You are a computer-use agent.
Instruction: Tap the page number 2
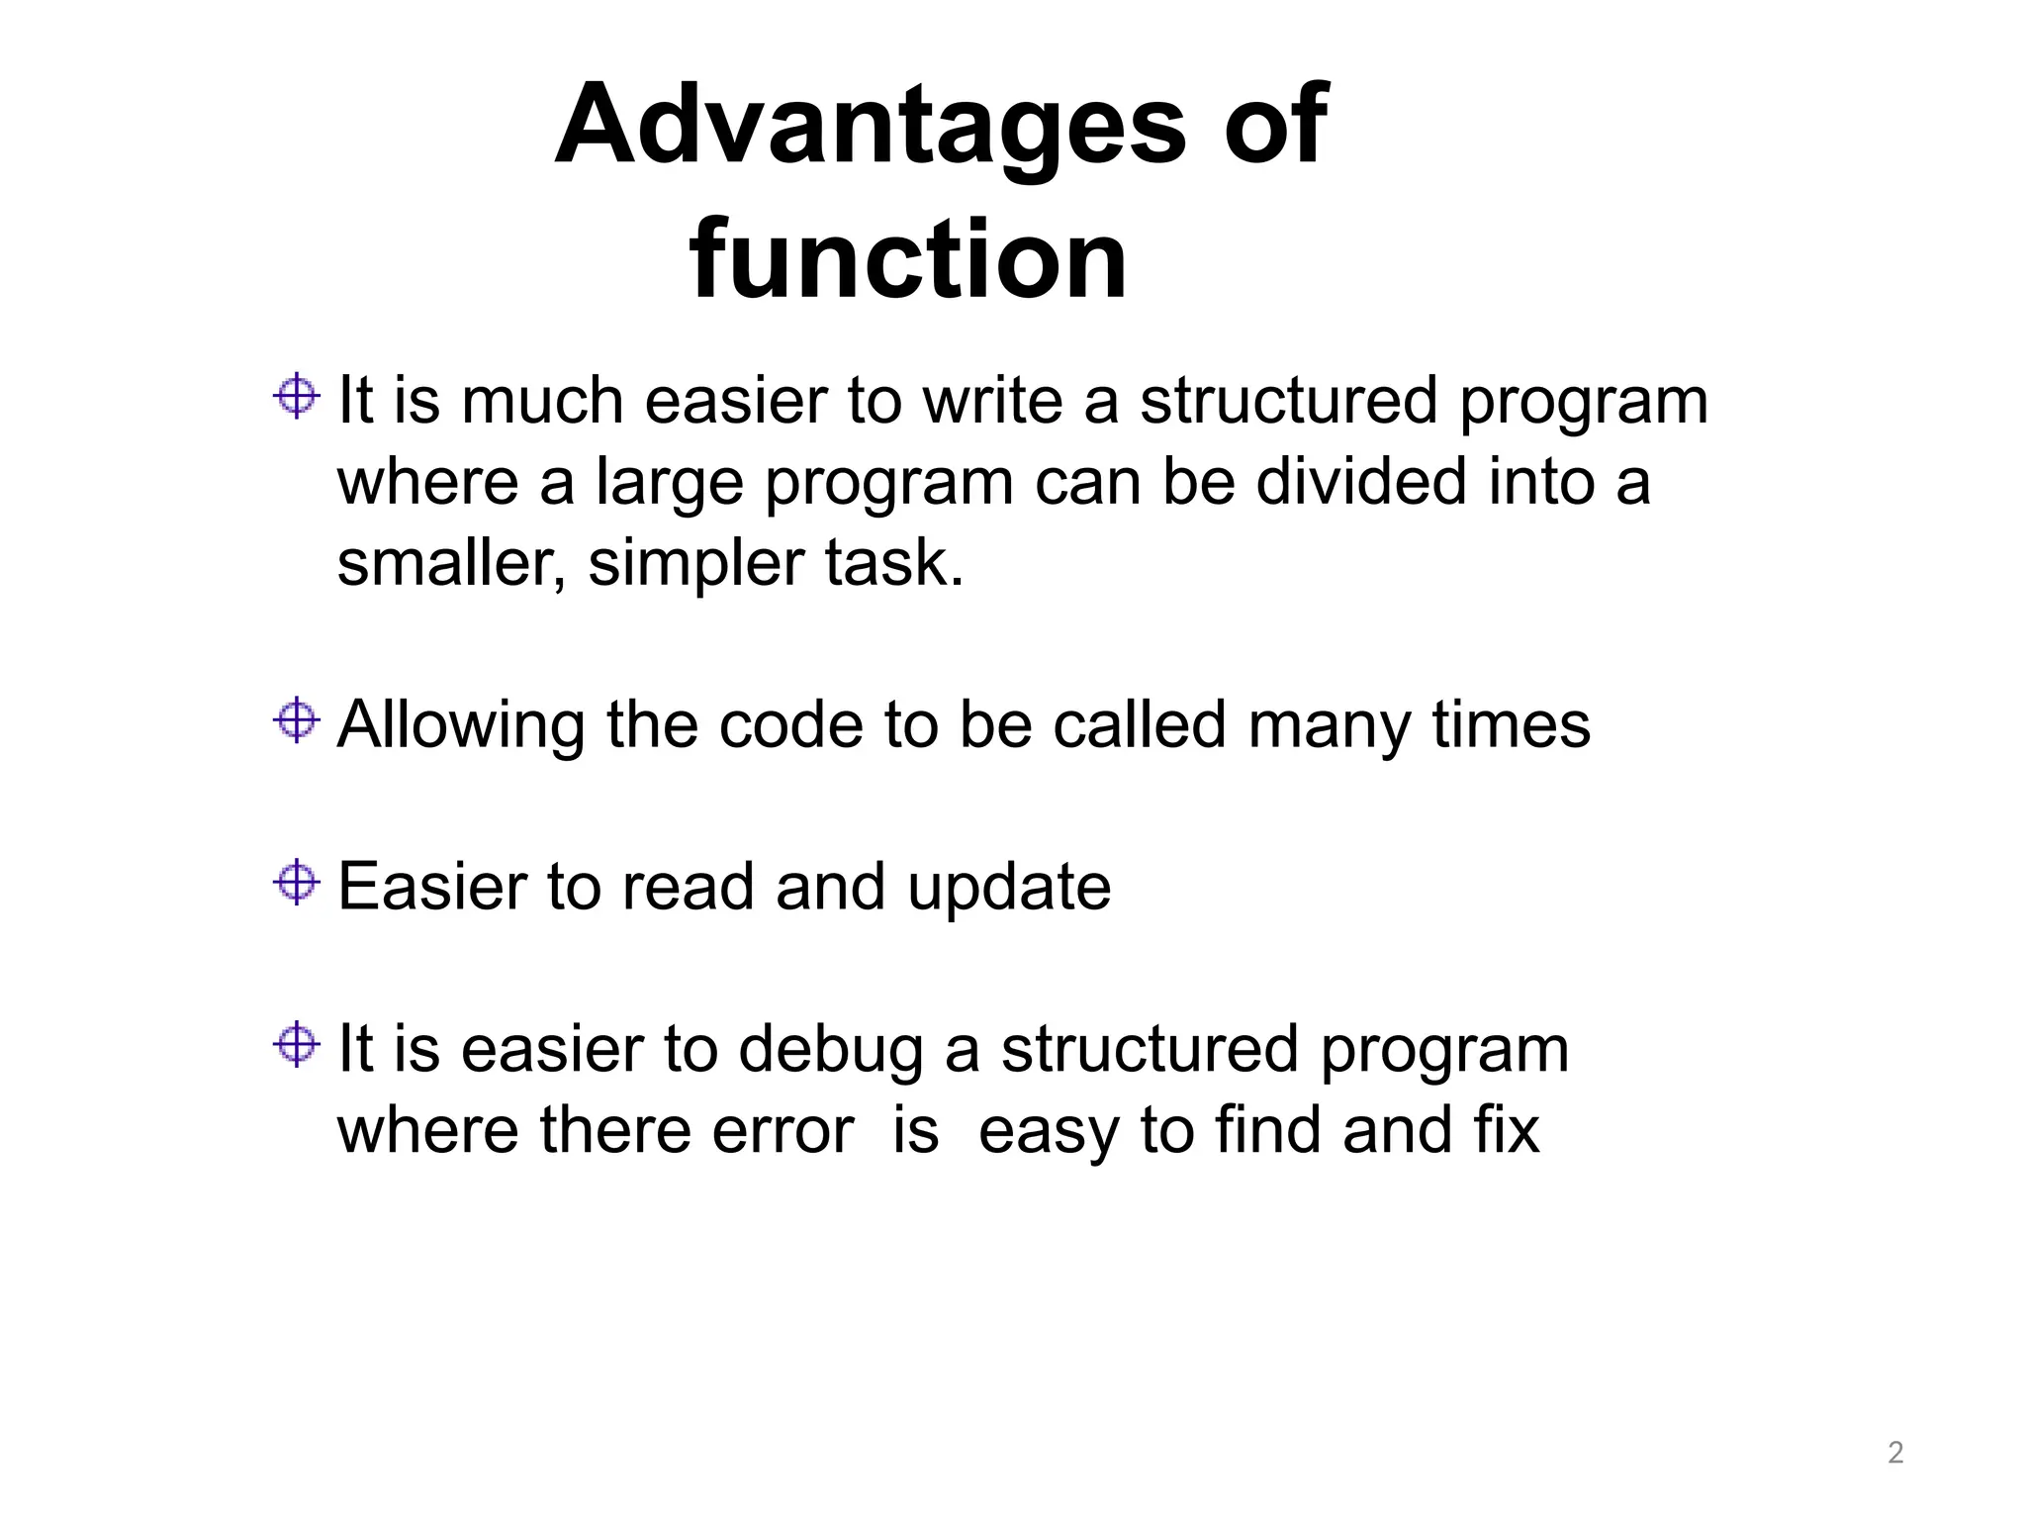tap(1895, 1453)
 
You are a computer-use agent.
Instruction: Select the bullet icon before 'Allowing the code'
tap(296, 719)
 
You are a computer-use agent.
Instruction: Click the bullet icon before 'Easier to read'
tap(296, 882)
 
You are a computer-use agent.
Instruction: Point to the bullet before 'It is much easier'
tap(296, 397)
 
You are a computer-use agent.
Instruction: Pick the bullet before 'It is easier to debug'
tap(296, 1044)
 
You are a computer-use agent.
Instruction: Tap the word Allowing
tap(461, 725)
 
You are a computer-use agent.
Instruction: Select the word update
tap(1009, 888)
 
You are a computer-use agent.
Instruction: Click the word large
tap(669, 485)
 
